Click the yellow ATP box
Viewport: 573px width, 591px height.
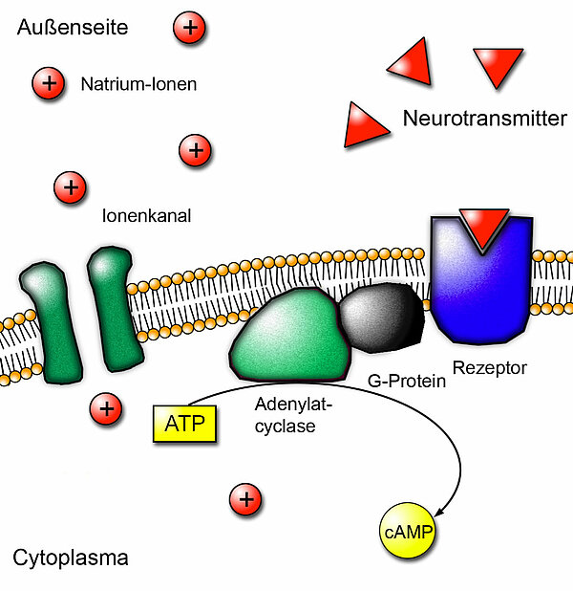(185, 423)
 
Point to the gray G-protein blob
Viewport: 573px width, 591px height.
(381, 317)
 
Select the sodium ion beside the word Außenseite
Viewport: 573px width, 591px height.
(189, 28)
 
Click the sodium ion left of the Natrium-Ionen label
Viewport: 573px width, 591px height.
(46, 84)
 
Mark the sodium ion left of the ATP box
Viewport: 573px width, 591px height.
(105, 409)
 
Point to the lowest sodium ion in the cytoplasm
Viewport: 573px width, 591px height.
(245, 498)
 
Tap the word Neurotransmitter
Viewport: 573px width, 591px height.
(484, 120)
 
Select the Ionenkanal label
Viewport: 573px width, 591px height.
(146, 216)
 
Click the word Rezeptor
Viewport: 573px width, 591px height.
(489, 366)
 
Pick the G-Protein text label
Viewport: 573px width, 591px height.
(407, 382)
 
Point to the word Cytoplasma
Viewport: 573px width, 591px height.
(71, 558)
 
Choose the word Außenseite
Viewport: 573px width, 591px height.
(72, 28)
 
